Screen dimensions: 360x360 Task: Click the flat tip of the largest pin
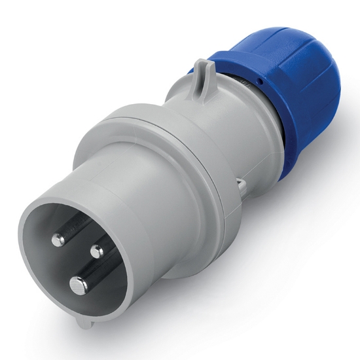79,283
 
